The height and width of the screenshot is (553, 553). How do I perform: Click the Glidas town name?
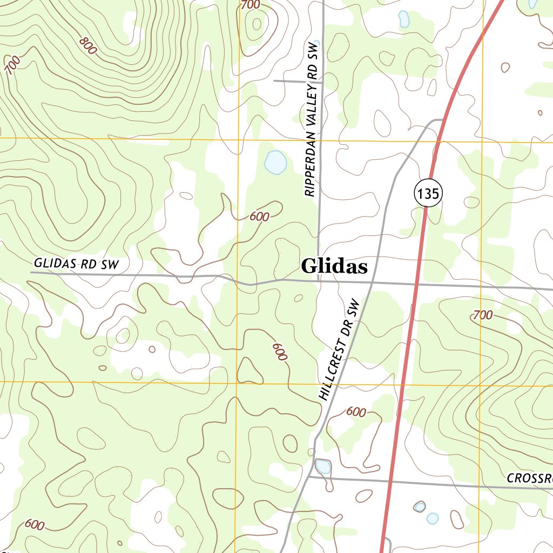pyautogui.click(x=334, y=266)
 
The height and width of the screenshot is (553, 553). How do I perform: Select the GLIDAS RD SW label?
pyautogui.click(x=75, y=264)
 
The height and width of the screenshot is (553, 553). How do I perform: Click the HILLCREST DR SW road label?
pyautogui.click(x=339, y=349)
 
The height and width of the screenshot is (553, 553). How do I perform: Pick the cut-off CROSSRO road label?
pyautogui.click(x=530, y=478)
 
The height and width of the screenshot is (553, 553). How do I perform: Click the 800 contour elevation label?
pyautogui.click(x=87, y=45)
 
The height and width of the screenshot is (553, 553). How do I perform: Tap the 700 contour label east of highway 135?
pyautogui.click(x=482, y=315)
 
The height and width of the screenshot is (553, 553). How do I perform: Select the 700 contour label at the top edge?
pyautogui.click(x=251, y=5)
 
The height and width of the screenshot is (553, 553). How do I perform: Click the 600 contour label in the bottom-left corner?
pyautogui.click(x=34, y=524)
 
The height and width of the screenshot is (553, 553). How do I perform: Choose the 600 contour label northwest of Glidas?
pyautogui.click(x=259, y=217)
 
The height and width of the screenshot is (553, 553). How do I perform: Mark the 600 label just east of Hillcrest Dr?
pyautogui.click(x=356, y=412)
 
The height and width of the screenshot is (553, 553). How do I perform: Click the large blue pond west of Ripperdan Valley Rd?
pyautogui.click(x=275, y=162)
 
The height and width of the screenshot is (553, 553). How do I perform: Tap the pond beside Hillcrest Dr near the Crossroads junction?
pyautogui.click(x=323, y=466)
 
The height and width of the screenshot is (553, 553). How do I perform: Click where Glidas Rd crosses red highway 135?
pyautogui.click(x=416, y=284)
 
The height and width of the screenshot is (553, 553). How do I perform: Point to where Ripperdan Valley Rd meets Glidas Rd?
pyautogui.click(x=319, y=281)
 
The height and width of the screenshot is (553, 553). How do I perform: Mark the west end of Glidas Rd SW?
pyautogui.click(x=31, y=273)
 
